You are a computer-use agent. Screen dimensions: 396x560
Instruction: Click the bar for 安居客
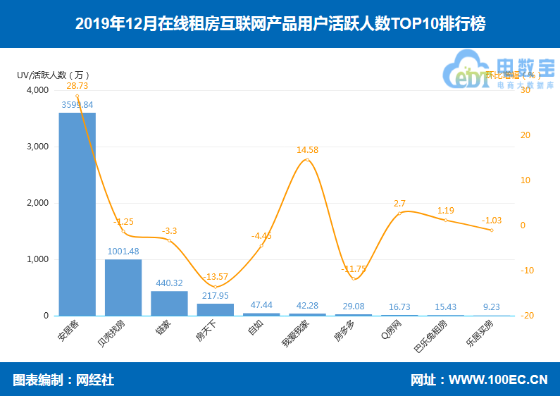click(77, 214)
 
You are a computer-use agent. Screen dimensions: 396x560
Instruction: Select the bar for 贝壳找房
click(123, 287)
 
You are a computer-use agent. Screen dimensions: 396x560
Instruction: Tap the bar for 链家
click(169, 304)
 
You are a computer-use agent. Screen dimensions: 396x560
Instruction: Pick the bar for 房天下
click(216, 309)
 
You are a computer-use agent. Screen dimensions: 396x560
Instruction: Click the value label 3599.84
click(77, 104)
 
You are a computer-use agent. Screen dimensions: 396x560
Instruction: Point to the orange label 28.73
click(77, 85)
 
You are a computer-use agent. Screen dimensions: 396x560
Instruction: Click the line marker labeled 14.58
click(307, 160)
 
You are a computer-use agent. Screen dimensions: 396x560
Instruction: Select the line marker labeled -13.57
click(216, 287)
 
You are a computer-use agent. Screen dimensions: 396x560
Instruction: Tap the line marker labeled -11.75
click(354, 278)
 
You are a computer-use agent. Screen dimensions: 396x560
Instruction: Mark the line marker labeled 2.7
click(399, 213)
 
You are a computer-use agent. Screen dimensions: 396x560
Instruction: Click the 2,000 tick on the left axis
click(37, 203)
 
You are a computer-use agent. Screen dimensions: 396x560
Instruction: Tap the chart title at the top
click(280, 24)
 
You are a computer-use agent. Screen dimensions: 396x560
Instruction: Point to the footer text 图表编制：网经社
click(63, 380)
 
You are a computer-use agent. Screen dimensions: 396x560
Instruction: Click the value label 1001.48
click(123, 251)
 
